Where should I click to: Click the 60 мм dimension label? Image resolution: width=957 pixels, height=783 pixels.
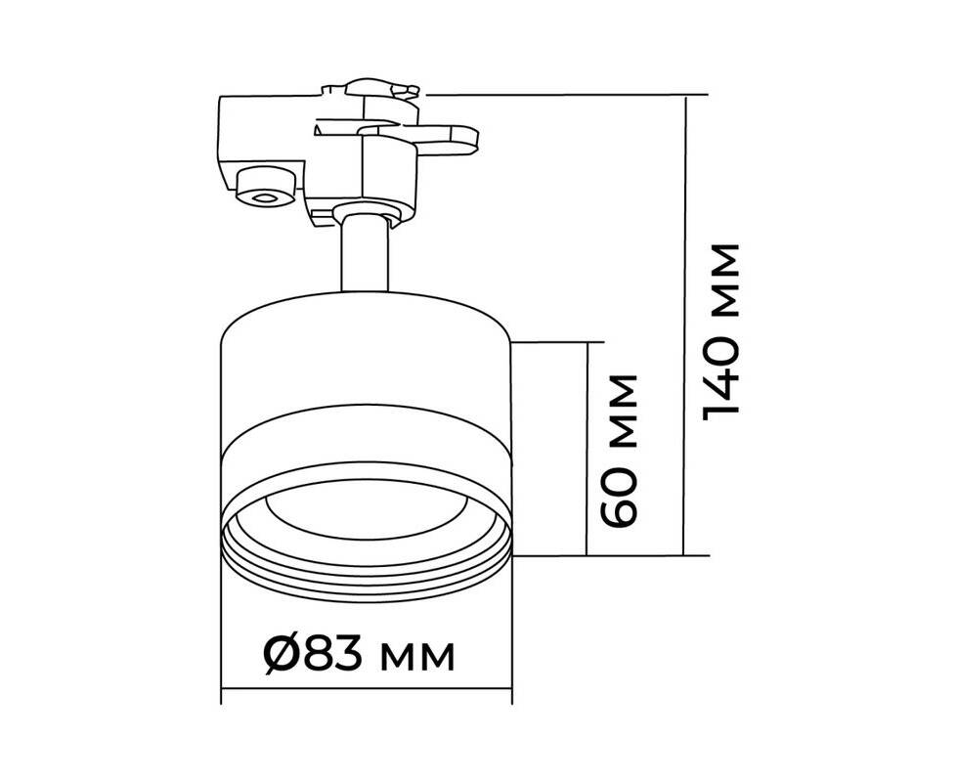[618, 451]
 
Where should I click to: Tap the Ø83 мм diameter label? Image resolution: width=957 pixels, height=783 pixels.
[359, 656]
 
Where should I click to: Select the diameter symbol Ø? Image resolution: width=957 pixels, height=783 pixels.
[283, 656]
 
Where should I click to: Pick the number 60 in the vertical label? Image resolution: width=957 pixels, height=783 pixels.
[618, 497]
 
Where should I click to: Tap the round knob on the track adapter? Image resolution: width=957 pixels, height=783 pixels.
[265, 185]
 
